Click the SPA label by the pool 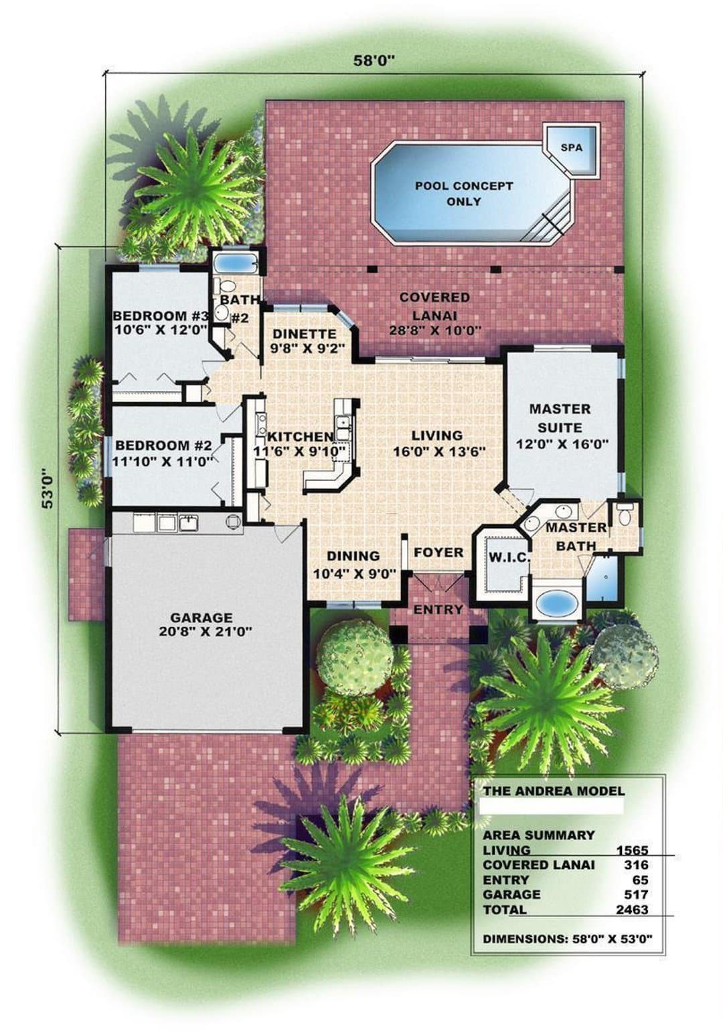572,148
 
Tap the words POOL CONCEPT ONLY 464,194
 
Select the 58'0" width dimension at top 375,60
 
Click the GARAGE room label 202,617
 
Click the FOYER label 438,552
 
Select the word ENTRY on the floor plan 438,610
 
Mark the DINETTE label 305,333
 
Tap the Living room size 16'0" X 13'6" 440,452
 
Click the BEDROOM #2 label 163,445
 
